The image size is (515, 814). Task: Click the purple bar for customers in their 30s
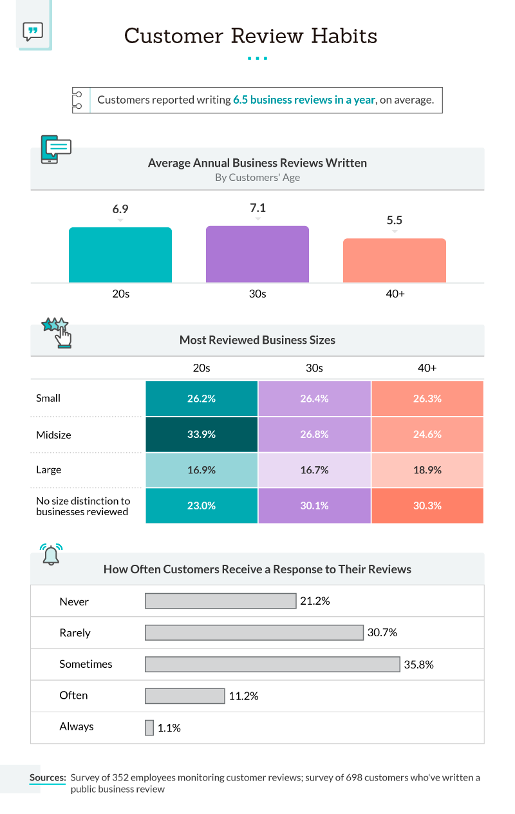(x=257, y=254)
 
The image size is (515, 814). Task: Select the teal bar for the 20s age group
(x=120, y=255)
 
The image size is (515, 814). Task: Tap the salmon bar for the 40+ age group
(x=394, y=260)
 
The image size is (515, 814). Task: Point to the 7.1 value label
(x=257, y=208)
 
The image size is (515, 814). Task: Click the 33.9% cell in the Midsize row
(x=201, y=435)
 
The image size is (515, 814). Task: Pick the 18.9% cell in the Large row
(x=427, y=470)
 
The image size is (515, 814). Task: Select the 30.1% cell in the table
(x=314, y=506)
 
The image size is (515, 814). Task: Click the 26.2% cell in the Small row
(x=201, y=399)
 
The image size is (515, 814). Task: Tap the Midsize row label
(x=53, y=435)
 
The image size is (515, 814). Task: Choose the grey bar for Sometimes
(x=272, y=664)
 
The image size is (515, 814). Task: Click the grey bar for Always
(x=149, y=728)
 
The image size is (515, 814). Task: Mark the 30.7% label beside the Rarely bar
(x=382, y=633)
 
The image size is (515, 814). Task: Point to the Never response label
(x=74, y=601)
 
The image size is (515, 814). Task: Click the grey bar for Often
(x=185, y=696)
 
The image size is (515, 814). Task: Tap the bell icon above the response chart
(x=51, y=554)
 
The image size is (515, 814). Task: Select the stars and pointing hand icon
(x=57, y=331)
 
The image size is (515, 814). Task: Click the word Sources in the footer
(x=47, y=777)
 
